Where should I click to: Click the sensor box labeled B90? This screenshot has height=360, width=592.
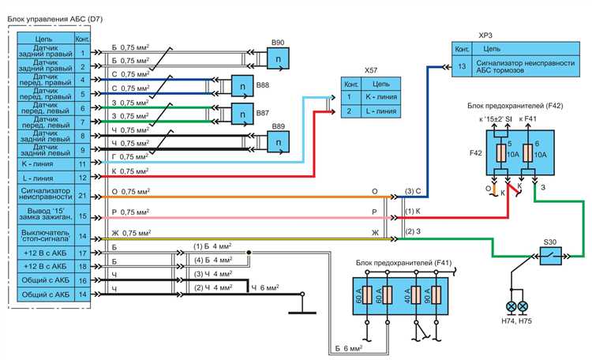[279, 60]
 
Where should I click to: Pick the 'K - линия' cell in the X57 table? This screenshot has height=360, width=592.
[380, 96]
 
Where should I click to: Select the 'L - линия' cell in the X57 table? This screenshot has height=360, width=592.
[380, 111]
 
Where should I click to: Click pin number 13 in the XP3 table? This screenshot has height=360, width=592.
[462, 67]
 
